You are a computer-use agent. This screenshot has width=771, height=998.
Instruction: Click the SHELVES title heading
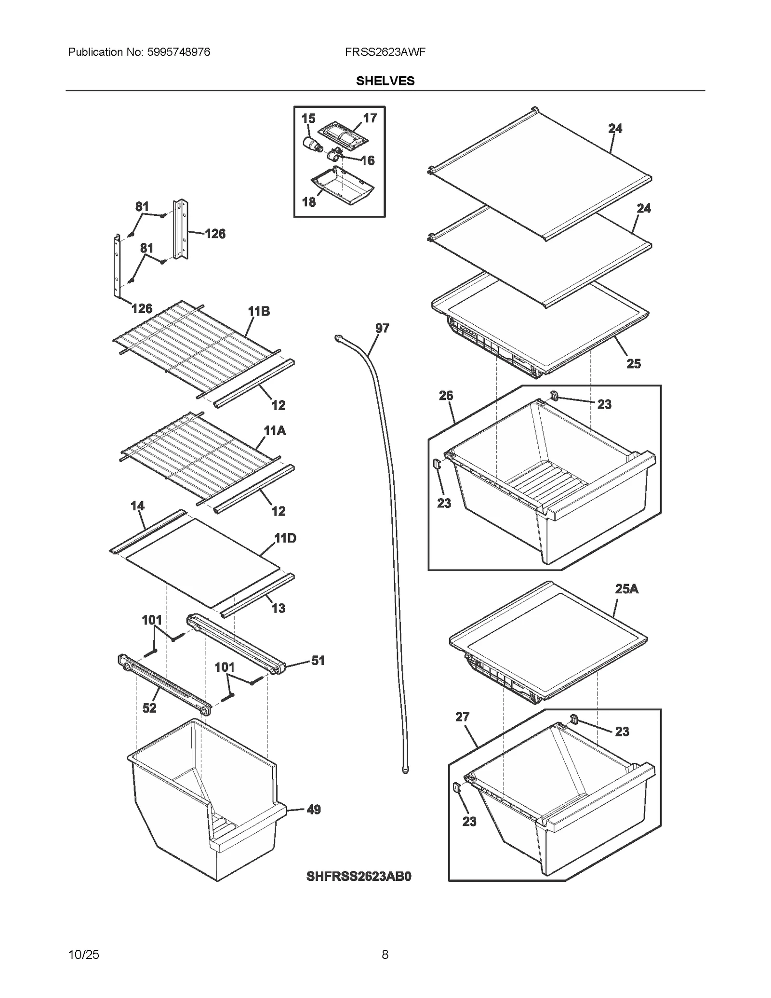point(385,81)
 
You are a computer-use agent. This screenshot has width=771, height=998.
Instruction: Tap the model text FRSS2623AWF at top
point(385,52)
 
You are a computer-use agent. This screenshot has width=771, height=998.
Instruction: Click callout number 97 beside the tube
point(382,328)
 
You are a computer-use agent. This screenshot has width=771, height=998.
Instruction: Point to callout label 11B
point(259,311)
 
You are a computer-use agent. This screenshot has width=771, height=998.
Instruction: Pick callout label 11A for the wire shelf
point(275,430)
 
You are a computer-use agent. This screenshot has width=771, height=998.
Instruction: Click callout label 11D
point(285,538)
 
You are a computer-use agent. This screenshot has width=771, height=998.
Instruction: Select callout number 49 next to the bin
point(314,810)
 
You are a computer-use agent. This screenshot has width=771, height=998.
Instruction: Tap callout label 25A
point(626,589)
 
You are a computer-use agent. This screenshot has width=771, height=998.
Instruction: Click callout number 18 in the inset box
point(309,202)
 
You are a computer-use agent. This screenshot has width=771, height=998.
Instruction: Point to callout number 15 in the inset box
point(308,119)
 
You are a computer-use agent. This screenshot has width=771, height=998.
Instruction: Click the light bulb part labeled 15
point(314,144)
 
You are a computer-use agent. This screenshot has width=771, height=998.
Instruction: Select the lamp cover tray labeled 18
point(343,186)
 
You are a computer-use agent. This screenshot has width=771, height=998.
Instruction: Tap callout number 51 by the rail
point(318,660)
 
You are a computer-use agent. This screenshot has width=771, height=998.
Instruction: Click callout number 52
point(149,708)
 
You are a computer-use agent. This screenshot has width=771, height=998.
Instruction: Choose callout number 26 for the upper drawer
point(446,396)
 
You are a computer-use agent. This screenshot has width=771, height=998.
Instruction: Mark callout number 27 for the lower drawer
point(462,717)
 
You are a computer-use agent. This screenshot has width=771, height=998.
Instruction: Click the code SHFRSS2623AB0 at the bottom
point(359,876)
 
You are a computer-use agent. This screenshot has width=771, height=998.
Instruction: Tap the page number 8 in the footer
point(385,954)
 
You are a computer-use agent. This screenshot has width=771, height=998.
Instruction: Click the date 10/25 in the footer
point(84,954)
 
